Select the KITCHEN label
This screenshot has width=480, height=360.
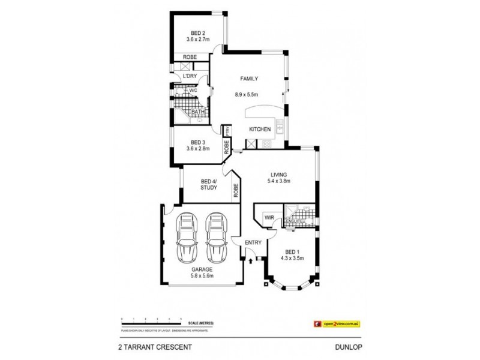tap(260, 130)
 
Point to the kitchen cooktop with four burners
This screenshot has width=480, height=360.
tap(266, 143)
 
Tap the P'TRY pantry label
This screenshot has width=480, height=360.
tap(227, 130)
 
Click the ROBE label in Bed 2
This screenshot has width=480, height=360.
tap(190, 58)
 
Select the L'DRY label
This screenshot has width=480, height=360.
tap(190, 76)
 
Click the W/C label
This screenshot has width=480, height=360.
tap(193, 91)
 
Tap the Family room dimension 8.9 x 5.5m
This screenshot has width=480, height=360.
tap(246, 94)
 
